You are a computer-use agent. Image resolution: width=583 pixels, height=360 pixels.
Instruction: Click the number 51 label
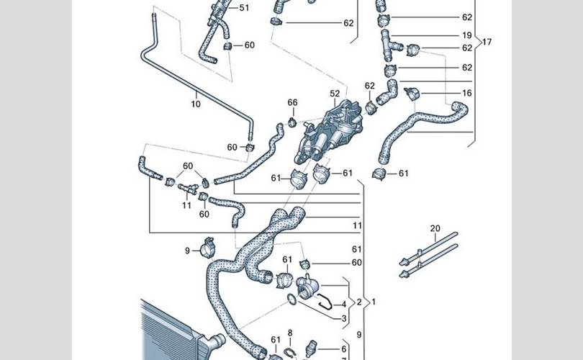[244, 8]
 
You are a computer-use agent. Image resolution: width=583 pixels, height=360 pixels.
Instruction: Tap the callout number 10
[196, 104]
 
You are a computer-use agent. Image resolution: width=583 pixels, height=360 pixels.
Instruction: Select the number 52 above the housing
[335, 94]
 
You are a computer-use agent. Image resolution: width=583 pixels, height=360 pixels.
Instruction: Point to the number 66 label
[292, 103]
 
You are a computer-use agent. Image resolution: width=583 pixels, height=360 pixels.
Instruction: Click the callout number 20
[435, 229]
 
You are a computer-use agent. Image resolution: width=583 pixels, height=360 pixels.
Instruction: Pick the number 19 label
[467, 35]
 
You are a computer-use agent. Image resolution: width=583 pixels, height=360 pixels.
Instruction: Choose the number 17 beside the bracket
[487, 42]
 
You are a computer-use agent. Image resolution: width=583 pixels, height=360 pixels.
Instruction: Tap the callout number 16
[467, 94]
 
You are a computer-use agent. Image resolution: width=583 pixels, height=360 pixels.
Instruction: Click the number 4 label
[343, 305]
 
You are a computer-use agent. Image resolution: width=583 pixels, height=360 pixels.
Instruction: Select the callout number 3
[343, 318]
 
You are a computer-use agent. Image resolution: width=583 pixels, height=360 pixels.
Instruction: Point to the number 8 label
[290, 333]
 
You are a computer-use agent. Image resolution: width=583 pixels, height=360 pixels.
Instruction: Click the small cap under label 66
[293, 120]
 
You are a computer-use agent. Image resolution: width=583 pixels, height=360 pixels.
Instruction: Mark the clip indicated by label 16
[412, 94]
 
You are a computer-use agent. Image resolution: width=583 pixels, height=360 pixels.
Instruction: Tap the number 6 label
[343, 348]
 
